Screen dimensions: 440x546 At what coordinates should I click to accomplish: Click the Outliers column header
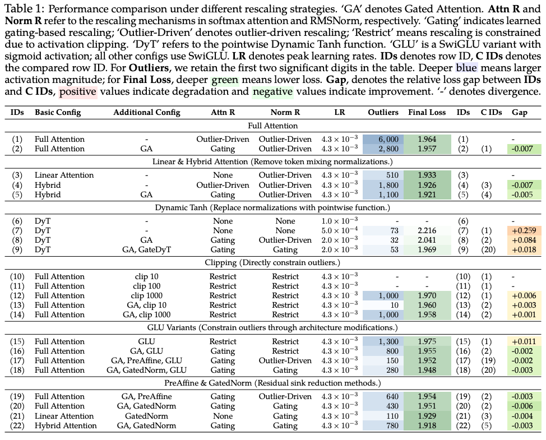(x=383, y=112)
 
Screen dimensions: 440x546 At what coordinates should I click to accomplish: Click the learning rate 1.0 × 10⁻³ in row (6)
(x=339, y=221)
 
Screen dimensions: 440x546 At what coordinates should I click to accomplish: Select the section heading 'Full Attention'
(x=272, y=126)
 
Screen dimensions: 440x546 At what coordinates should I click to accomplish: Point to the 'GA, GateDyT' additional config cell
(x=146, y=249)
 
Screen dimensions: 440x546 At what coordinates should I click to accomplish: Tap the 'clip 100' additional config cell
(x=146, y=286)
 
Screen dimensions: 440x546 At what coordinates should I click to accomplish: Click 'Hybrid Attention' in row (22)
(x=66, y=425)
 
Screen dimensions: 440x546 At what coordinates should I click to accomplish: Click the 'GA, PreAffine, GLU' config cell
(x=146, y=360)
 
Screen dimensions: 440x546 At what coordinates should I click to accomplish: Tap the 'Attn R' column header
(x=223, y=112)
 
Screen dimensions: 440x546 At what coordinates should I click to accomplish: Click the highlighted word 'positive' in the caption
(x=78, y=91)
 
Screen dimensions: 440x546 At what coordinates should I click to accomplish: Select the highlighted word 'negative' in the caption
(x=272, y=91)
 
